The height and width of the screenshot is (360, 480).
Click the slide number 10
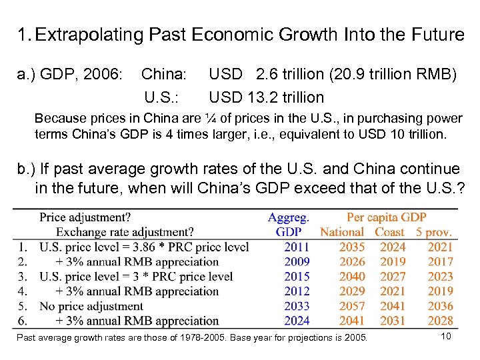point(446,336)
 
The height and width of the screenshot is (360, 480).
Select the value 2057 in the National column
point(352,306)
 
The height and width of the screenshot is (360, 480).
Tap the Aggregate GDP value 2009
point(297,262)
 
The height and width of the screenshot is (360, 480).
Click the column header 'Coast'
point(390,232)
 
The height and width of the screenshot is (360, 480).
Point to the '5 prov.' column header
point(434,232)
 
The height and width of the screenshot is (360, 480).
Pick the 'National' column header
point(342,232)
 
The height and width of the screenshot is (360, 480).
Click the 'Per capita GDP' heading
point(386,217)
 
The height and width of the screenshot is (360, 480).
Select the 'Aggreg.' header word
point(288,217)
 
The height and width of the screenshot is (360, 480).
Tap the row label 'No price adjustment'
point(91,306)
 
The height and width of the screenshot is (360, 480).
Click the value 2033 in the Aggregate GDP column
point(297,306)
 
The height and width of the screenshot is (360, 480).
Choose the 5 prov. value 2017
point(440,262)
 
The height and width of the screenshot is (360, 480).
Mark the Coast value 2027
point(393,277)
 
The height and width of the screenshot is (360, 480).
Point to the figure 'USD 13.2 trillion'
point(266,97)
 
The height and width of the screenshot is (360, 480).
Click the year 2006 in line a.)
point(104,73)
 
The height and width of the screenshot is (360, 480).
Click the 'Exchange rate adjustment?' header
point(125,232)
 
